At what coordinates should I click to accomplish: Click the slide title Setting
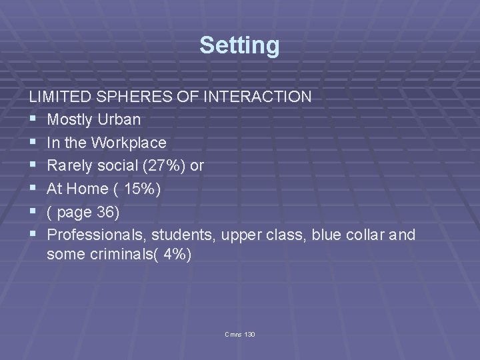click(239, 45)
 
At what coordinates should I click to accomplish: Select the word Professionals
click(97, 235)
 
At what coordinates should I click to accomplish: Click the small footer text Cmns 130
click(240, 333)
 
